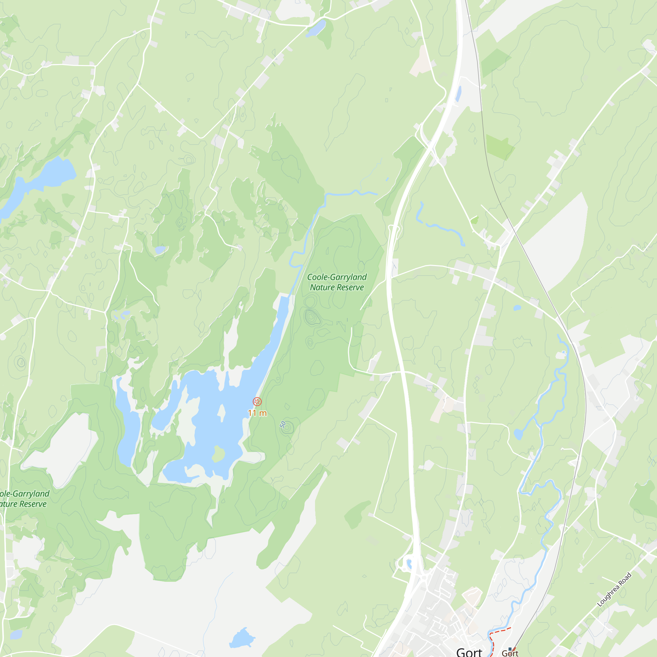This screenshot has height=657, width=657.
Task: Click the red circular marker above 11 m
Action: pos(257,402)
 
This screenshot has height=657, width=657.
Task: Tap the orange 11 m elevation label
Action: pos(257,413)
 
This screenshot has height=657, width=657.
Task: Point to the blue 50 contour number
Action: pos(283,424)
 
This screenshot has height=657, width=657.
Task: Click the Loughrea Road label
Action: pos(614,590)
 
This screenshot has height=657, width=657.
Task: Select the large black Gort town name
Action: pos(469,651)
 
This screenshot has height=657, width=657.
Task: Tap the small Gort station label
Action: pos(510,653)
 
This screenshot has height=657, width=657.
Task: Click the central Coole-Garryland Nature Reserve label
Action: pos(337,282)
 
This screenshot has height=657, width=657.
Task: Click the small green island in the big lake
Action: pos(218,454)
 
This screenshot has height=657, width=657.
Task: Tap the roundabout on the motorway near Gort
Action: pos(424,577)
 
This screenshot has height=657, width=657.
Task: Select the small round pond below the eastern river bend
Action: pos(518,434)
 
